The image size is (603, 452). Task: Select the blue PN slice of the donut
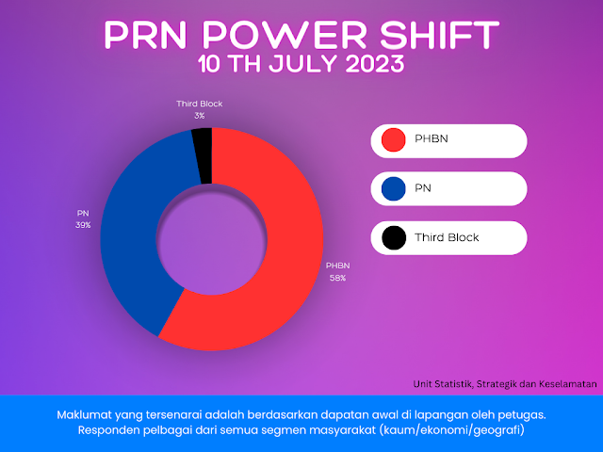pos(133,231)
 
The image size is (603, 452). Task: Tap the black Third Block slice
pos(204,155)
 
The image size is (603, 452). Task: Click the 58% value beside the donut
pos(337,278)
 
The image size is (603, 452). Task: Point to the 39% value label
pos(83,225)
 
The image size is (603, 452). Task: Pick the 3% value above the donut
pos(199,116)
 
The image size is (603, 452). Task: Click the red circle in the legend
pos(394,139)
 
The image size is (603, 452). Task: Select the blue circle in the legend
pos(394,188)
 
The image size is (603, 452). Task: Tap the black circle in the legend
pos(394,238)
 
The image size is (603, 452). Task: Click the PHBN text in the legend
pos(432,138)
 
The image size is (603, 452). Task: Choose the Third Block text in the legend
pos(447,237)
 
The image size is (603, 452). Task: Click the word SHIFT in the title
pos(439,35)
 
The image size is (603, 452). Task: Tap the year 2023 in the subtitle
pos(375,63)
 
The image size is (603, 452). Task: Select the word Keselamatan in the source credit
pos(567,384)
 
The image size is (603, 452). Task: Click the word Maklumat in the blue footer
pos(80,414)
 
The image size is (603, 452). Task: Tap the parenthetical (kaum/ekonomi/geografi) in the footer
pos(452,429)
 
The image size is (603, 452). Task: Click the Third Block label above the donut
pos(199,104)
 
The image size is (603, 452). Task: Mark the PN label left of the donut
pos(83,214)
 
